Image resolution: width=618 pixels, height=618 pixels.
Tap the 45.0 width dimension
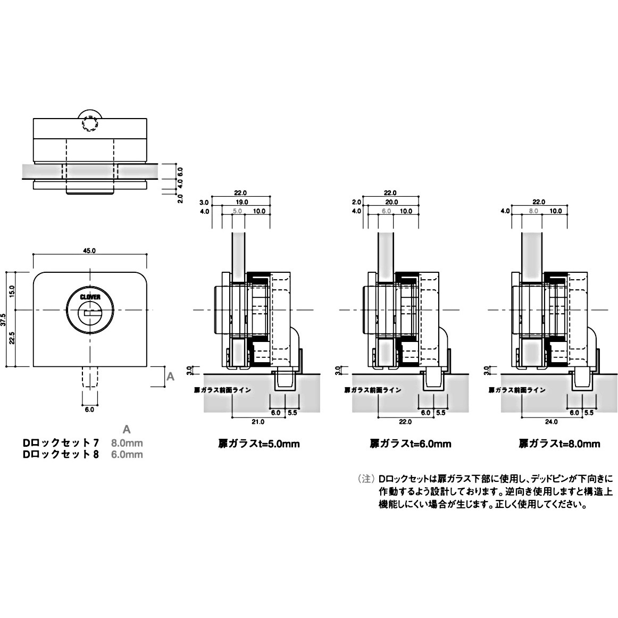coord(89,250)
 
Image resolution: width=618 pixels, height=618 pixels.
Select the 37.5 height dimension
coord(5,319)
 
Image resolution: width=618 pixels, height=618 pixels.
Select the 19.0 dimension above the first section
coord(241,203)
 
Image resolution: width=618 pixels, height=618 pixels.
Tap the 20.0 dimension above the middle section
coord(390,203)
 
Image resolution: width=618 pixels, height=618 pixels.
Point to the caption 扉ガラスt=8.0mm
coord(559,444)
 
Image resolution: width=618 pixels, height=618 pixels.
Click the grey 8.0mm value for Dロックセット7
coord(127,442)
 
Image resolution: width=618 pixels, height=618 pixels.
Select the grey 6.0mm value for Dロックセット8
coord(127,455)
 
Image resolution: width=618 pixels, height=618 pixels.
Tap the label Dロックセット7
coord(60,442)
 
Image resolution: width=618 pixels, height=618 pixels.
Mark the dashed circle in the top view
coord(89,123)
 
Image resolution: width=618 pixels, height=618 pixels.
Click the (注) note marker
coord(366,479)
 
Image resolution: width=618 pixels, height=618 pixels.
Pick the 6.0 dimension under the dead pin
coord(89,410)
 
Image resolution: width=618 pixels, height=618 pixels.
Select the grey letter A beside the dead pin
coord(170,377)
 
